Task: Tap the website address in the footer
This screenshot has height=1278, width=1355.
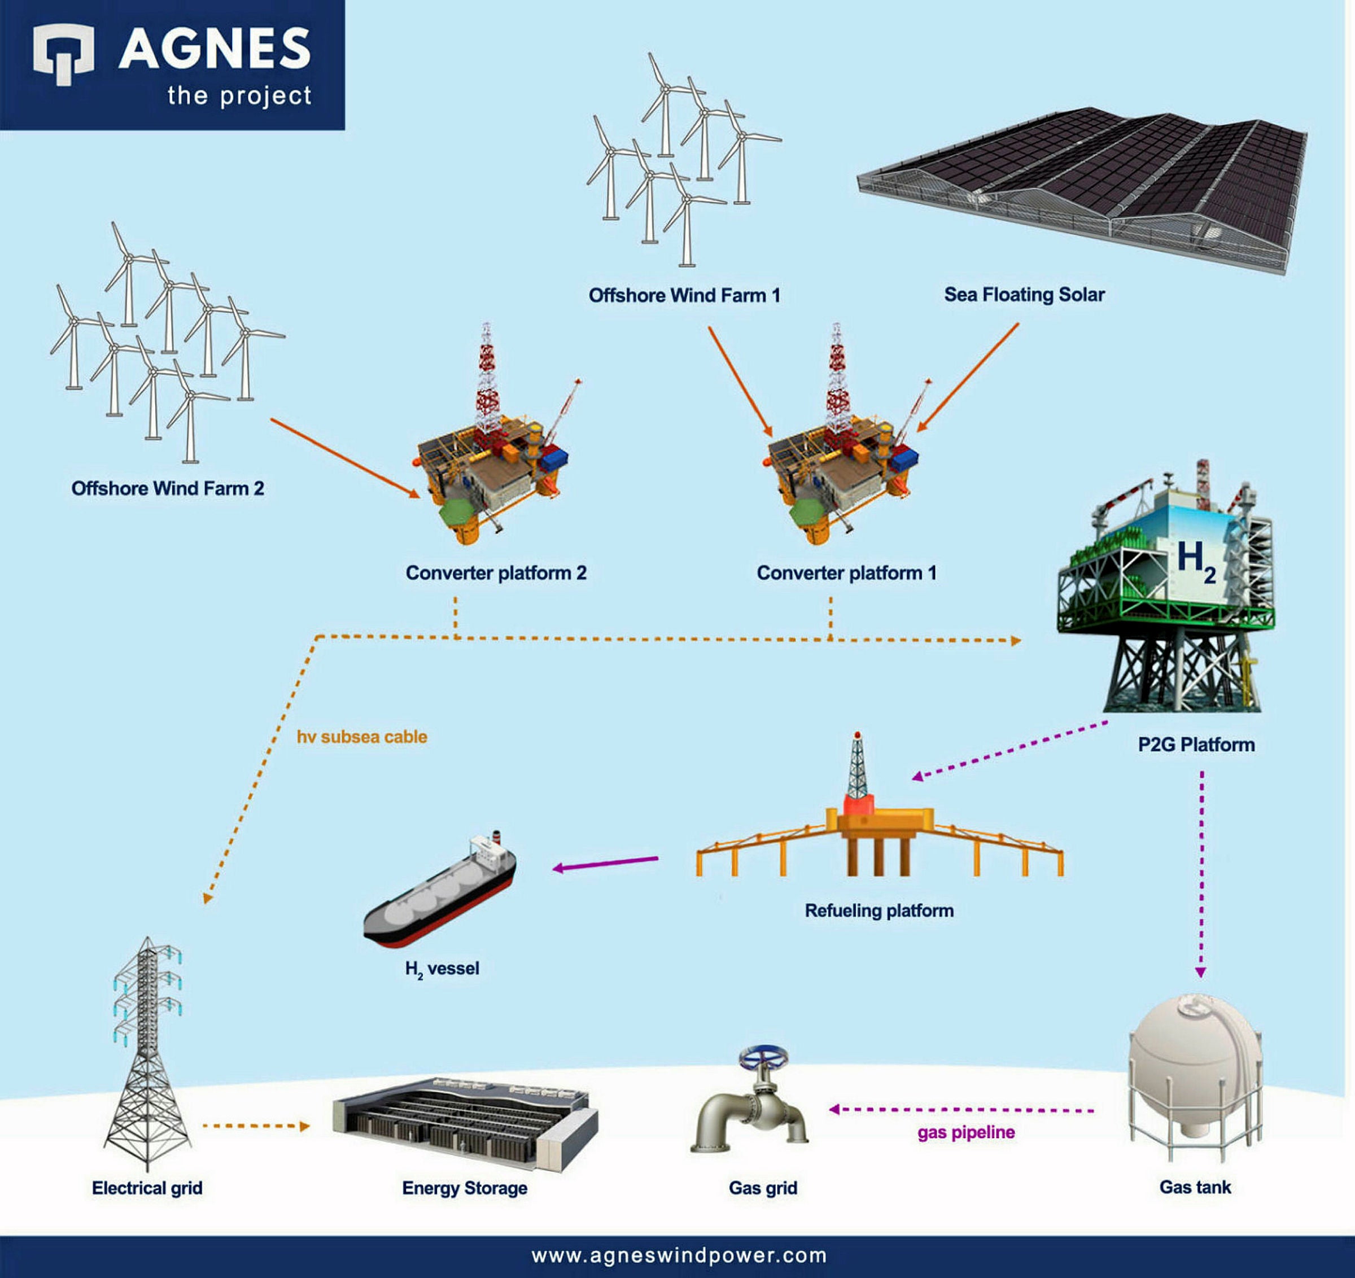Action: [679, 1255]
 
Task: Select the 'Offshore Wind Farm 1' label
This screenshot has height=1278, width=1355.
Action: [684, 295]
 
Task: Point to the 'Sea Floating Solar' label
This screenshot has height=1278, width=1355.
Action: [1024, 295]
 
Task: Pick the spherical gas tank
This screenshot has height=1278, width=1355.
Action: [1194, 1063]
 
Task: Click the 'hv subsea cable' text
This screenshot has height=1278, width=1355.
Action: [362, 737]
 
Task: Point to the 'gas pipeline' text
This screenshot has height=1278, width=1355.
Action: [966, 1132]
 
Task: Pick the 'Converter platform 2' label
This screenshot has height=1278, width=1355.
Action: [496, 572]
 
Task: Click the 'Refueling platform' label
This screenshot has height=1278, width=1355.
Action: [878, 911]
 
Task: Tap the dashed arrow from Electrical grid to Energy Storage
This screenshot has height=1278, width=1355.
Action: [256, 1126]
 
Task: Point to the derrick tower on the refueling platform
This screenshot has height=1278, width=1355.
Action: [858, 770]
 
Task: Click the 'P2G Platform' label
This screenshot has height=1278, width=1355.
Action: [1196, 745]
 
